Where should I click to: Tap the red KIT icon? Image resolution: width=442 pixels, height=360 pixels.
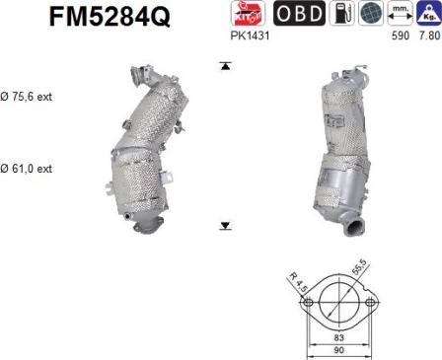click(245, 13)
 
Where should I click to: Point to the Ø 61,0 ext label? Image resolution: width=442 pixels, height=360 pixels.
click(26, 169)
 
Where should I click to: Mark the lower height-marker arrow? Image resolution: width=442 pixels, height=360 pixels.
click(226, 226)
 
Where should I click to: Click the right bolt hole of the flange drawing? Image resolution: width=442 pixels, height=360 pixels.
click(372, 302)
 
